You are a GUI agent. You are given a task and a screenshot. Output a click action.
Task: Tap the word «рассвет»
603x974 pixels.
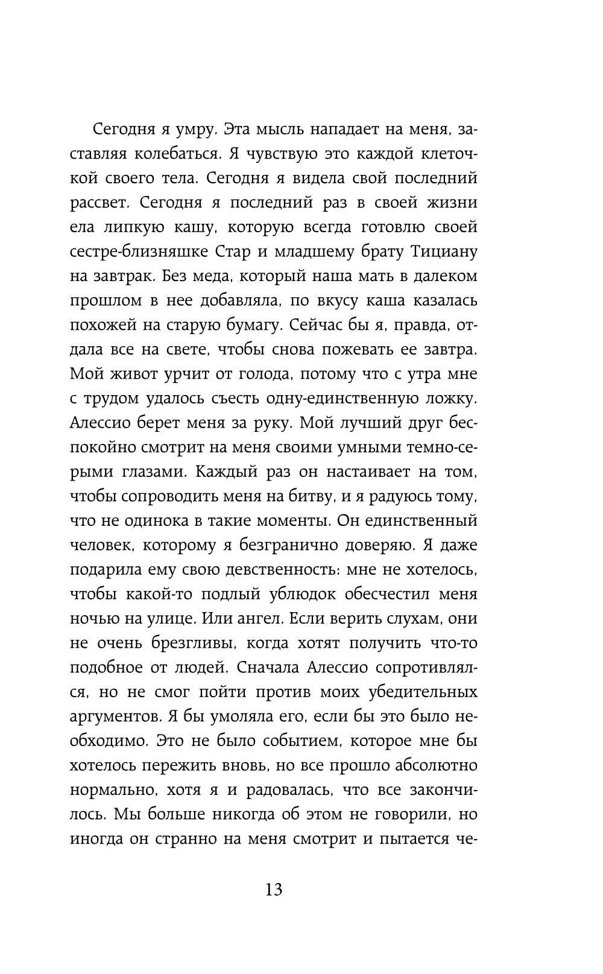[99, 203]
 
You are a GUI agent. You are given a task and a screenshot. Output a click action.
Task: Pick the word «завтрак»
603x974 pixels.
[127, 276]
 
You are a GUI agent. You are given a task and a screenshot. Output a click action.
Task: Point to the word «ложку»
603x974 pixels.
[450, 399]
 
